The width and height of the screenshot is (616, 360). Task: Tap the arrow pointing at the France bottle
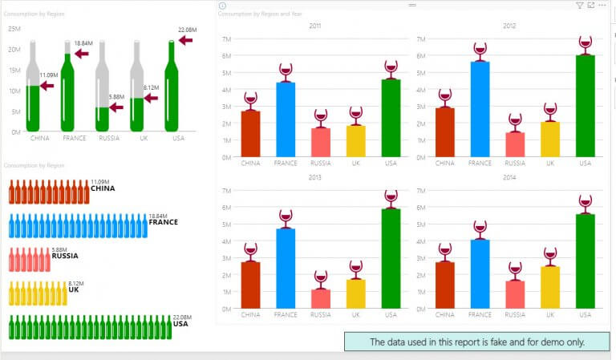click(82, 54)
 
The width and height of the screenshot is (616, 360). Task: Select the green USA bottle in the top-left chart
click(171, 88)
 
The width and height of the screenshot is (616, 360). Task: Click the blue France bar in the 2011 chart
click(286, 119)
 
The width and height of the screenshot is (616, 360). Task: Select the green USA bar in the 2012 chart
click(585, 105)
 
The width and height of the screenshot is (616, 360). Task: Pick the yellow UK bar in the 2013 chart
click(356, 293)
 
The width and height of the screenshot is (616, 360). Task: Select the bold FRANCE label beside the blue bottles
click(163, 222)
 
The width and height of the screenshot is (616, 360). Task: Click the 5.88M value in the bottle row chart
click(59, 250)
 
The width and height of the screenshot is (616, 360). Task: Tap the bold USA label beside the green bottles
click(180, 324)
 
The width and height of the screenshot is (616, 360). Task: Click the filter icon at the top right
click(580, 5)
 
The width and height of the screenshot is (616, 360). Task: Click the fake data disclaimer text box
click(476, 342)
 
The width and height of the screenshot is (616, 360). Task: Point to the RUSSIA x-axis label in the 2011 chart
click(321, 163)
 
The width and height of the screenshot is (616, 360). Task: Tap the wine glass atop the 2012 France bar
click(480, 51)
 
